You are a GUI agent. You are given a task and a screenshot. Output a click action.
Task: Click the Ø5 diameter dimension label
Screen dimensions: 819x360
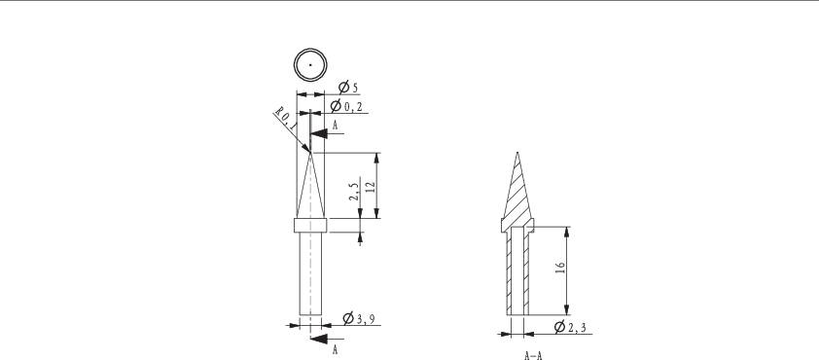click(x=348, y=88)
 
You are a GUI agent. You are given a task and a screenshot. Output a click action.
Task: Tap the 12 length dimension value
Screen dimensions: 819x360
click(x=371, y=187)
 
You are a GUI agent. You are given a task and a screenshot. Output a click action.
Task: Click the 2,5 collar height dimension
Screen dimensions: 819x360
click(x=354, y=192)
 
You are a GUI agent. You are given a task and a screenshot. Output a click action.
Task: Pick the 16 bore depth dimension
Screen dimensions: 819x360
click(x=560, y=268)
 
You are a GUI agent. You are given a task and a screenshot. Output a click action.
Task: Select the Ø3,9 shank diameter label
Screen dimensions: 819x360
click(x=359, y=318)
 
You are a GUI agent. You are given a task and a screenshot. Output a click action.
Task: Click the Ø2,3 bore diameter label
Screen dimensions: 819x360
click(x=570, y=327)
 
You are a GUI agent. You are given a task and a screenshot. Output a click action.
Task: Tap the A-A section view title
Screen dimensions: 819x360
click(x=533, y=356)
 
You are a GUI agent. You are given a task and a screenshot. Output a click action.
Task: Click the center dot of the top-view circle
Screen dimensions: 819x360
click(x=310, y=65)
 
